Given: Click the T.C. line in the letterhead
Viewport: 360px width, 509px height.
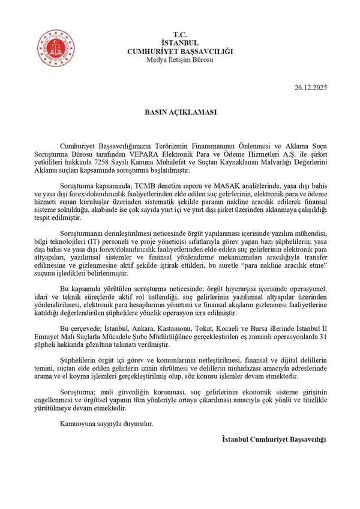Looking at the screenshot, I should pyautogui.click(x=179, y=35).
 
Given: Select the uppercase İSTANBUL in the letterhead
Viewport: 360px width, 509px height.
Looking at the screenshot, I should pyautogui.click(x=179, y=43).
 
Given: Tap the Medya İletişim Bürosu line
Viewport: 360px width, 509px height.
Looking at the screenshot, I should pyautogui.click(x=179, y=59).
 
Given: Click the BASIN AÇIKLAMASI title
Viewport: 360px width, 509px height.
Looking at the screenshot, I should pyautogui.click(x=180, y=112).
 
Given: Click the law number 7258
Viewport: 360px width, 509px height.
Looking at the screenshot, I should pyautogui.click(x=151, y=163).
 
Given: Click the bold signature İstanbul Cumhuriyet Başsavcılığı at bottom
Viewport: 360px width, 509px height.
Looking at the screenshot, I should pyautogui.click(x=274, y=441).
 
